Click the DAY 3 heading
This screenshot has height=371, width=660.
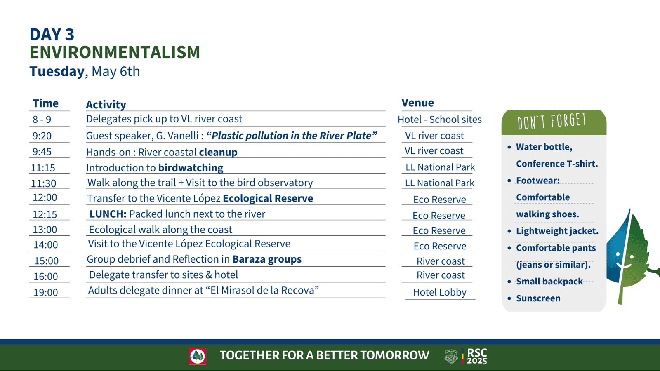click(x=52, y=35)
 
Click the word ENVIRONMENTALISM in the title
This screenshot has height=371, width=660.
click(x=115, y=52)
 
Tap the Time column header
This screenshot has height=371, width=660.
click(x=45, y=103)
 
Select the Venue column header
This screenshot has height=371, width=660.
click(x=417, y=103)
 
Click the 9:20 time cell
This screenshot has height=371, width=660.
click(x=42, y=136)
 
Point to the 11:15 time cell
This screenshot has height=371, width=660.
click(x=43, y=168)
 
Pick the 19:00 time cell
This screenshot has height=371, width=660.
click(x=46, y=292)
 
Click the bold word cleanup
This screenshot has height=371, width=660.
click(x=218, y=152)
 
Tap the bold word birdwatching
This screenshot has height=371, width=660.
click(x=191, y=168)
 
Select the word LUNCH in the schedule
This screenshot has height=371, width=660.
click(x=108, y=214)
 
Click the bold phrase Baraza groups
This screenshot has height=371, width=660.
click(x=266, y=259)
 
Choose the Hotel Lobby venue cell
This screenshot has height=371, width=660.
click(x=440, y=292)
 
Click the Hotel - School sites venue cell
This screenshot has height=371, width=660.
click(x=440, y=120)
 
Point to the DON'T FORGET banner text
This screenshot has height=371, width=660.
click(x=552, y=121)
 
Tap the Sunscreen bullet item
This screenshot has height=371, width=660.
click(x=538, y=298)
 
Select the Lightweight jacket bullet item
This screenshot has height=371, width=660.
click(x=557, y=231)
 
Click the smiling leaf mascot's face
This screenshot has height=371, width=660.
click(x=625, y=259)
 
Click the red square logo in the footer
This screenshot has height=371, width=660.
click(x=198, y=356)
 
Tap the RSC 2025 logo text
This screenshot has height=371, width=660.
click(x=477, y=356)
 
